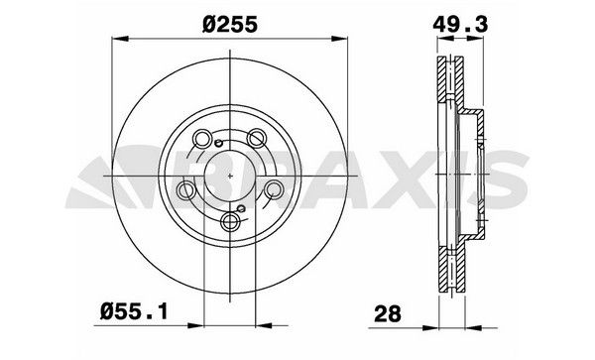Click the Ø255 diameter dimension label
click(x=230, y=25)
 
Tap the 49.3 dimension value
click(x=460, y=25)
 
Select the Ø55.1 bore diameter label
click(x=134, y=312)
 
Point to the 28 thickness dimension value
click(x=388, y=314)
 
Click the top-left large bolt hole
click(x=202, y=138)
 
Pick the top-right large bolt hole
click(x=257, y=138)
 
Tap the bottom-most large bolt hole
click(x=230, y=221)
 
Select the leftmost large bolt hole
click(x=186, y=189)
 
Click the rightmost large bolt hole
click(x=274, y=188)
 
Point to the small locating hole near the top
click(x=218, y=143)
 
